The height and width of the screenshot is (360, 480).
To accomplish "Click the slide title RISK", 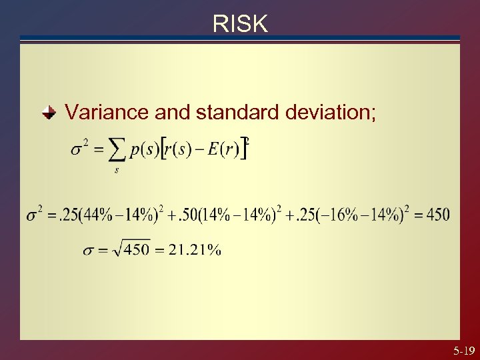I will (240, 24).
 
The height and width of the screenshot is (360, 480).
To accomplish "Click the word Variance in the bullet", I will (107, 112).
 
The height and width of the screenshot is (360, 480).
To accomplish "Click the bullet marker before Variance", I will (49, 112).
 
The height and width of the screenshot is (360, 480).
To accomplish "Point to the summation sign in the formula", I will (117, 149).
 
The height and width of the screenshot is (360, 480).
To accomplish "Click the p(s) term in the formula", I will (144, 149).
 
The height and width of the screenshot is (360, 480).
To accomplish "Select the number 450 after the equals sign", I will (437, 215).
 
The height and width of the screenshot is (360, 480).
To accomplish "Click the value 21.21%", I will (195, 251).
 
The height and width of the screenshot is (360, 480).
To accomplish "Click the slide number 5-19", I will (463, 350).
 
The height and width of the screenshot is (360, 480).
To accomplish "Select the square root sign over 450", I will (119, 249).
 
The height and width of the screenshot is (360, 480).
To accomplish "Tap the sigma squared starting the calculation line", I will (34, 215).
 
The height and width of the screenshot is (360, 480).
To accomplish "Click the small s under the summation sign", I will (117, 170).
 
